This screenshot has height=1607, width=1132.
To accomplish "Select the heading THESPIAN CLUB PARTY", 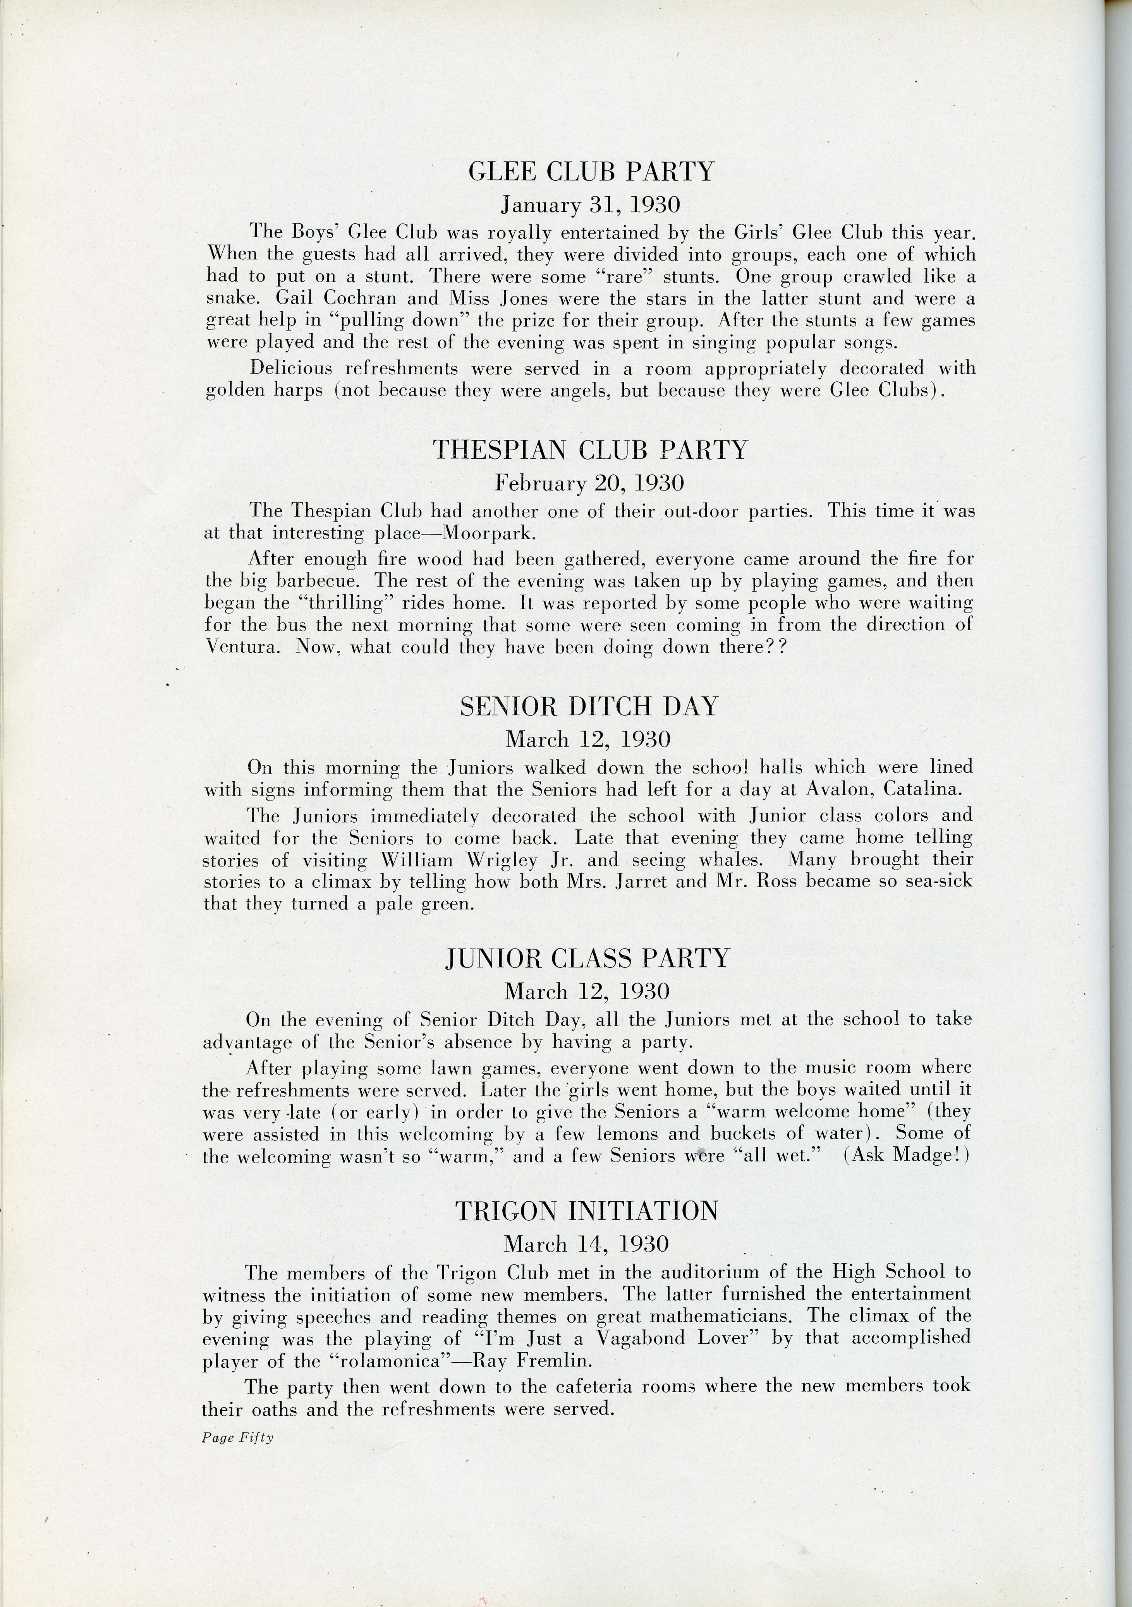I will [590, 449].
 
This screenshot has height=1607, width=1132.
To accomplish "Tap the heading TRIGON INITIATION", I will [587, 1211].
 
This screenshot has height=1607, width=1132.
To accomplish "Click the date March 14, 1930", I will [587, 1244].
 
